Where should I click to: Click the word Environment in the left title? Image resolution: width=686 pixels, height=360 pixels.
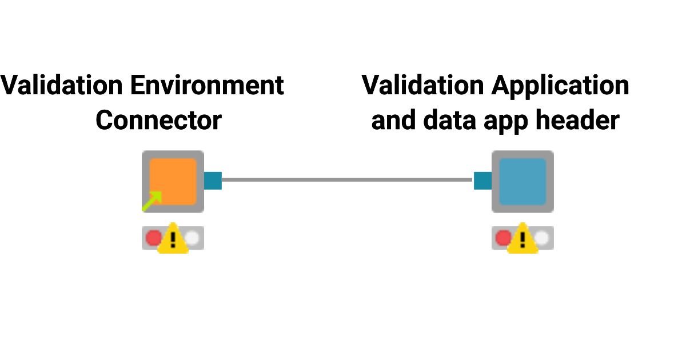pos(207,86)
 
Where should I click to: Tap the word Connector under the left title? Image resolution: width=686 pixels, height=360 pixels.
pos(158,121)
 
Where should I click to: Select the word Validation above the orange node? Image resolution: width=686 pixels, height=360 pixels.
pos(62,86)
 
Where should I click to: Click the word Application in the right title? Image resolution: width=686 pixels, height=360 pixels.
pos(560,86)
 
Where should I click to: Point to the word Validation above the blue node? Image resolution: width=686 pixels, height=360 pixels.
pos(423,86)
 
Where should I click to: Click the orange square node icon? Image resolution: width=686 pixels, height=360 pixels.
pos(173,182)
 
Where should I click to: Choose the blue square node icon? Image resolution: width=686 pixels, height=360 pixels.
pos(523,182)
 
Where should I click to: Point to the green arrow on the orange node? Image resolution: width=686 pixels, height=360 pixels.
pos(152,201)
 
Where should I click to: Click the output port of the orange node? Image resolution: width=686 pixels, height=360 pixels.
pos(213,181)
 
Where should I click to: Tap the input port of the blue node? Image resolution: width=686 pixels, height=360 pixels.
pos(482,181)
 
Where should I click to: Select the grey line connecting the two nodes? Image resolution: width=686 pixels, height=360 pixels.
pos(347,180)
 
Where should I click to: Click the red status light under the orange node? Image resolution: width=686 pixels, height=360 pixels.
pos(153,238)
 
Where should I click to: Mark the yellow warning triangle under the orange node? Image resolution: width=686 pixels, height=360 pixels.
pos(173,240)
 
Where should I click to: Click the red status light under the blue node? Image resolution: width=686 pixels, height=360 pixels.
pos(502,238)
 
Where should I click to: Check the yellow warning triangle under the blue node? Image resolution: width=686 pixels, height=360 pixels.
pos(523,240)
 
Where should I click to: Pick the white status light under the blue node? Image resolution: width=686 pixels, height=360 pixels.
pos(542,238)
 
